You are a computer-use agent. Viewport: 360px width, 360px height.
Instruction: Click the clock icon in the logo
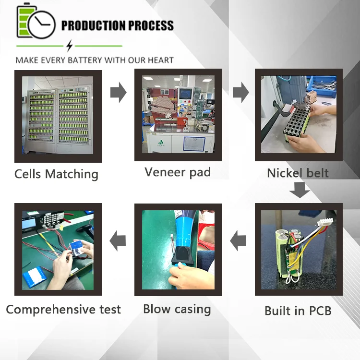(42, 24)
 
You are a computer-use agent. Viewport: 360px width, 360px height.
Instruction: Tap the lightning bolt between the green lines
(69, 46)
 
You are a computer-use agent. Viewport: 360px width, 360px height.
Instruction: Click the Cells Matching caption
(57, 174)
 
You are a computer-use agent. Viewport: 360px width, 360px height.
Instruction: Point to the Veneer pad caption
(178, 172)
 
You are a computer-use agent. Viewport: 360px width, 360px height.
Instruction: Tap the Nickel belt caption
(298, 173)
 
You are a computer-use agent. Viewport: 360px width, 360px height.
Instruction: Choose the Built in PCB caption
(298, 311)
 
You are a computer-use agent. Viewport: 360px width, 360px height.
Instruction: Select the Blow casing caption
(177, 309)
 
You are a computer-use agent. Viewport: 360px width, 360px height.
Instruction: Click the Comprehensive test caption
(63, 309)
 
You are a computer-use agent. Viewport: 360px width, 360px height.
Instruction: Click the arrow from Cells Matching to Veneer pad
(118, 92)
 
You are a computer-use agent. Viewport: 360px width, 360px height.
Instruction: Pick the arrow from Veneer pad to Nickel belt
(240, 92)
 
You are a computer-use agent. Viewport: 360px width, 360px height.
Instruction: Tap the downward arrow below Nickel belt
(300, 190)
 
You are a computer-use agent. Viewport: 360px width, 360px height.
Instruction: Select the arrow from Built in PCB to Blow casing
(238, 241)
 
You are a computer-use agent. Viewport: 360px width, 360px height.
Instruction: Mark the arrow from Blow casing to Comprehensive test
(118, 241)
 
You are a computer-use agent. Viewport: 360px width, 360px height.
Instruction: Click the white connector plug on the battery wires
(325, 222)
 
